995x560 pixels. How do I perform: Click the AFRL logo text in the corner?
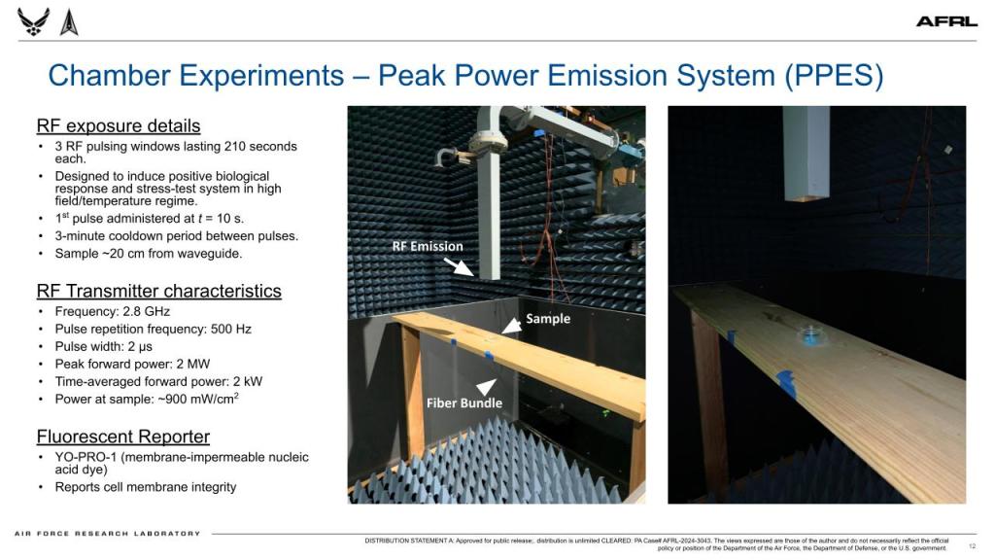(x=946, y=22)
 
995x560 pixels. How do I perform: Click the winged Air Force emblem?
(x=34, y=21)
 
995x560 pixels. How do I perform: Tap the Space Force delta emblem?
(x=69, y=22)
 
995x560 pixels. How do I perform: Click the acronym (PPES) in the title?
(x=834, y=76)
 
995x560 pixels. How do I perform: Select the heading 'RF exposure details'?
(x=119, y=125)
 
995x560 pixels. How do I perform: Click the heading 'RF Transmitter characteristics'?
(x=158, y=291)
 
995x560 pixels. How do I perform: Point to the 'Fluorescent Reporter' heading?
(x=123, y=437)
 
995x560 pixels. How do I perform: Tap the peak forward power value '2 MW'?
(x=193, y=364)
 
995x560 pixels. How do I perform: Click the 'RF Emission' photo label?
(x=428, y=246)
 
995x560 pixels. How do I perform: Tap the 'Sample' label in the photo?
(x=548, y=319)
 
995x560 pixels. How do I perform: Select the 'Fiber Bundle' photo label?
(x=463, y=403)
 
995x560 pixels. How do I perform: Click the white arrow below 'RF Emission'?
(x=459, y=266)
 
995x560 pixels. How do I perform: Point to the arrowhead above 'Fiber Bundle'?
(x=487, y=386)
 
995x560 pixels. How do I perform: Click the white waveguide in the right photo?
(x=806, y=155)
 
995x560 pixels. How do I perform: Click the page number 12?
(x=972, y=546)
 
